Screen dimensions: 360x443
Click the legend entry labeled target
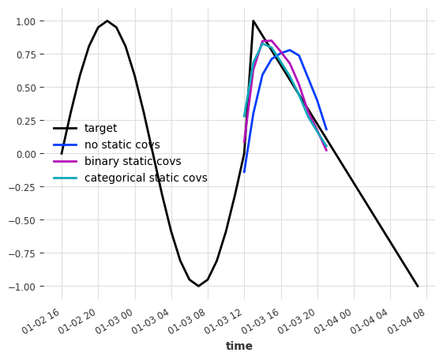100,129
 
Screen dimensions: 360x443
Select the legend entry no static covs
122,145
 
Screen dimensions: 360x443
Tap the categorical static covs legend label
145,178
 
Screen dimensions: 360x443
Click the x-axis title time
239,346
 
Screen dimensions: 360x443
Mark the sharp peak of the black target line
253,21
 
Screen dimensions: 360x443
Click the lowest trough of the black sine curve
198,286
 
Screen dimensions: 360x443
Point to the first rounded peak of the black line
107,21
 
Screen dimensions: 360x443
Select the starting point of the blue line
244,172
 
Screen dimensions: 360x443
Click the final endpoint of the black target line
418,286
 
